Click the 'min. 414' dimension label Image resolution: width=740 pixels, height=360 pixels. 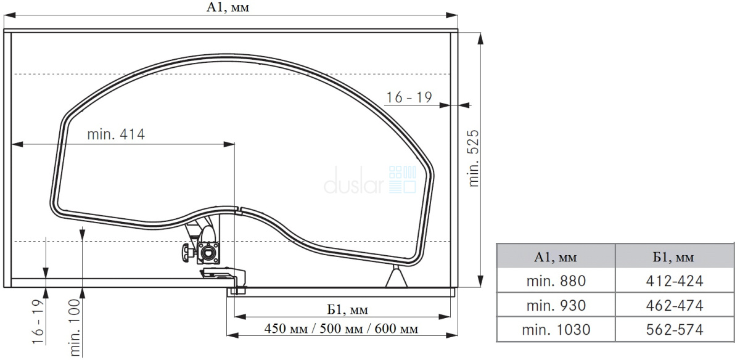116,134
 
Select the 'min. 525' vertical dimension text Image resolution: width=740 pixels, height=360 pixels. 474,158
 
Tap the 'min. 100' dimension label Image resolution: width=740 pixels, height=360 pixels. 75,327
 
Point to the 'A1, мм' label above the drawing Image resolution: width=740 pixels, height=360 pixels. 228,7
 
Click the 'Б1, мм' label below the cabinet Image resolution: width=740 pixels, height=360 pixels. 348,310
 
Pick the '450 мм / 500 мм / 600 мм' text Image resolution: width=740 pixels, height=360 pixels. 341,329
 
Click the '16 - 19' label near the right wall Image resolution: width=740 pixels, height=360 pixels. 409,97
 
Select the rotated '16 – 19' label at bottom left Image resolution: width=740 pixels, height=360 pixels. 38,322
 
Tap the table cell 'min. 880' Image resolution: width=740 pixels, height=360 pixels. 556,280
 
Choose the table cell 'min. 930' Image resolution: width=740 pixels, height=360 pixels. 556,305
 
